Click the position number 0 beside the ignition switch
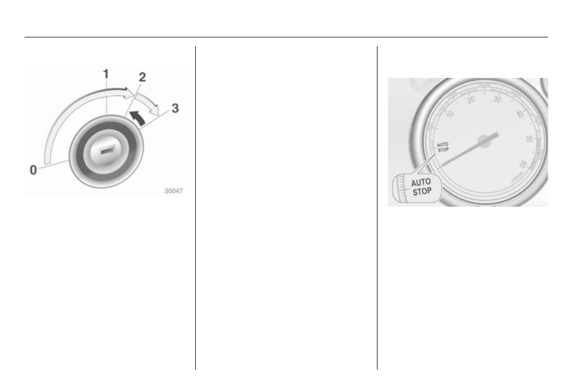coord(33,170)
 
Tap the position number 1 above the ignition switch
coord(106,74)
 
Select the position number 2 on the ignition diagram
coord(142,77)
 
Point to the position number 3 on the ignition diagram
coord(175,108)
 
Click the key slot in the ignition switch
coord(106,151)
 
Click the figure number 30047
coord(174,191)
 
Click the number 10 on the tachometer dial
coord(450,114)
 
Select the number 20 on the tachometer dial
coord(471,100)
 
